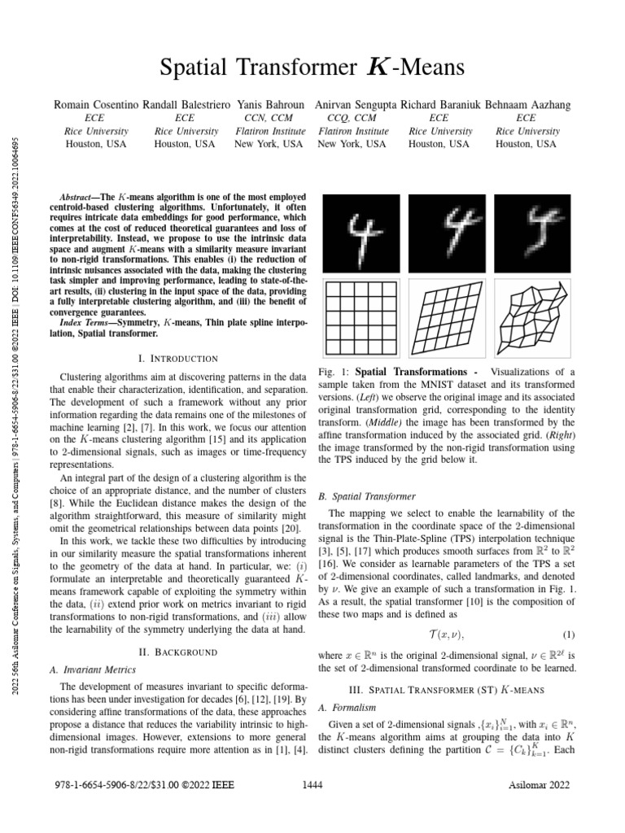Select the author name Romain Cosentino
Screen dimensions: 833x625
pyautogui.click(x=99, y=105)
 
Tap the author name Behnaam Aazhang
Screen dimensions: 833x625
pyautogui.click(x=526, y=105)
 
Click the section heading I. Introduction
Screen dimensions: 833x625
pyautogui.click(x=179, y=359)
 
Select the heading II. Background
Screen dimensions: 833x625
pyautogui.click(x=179, y=652)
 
